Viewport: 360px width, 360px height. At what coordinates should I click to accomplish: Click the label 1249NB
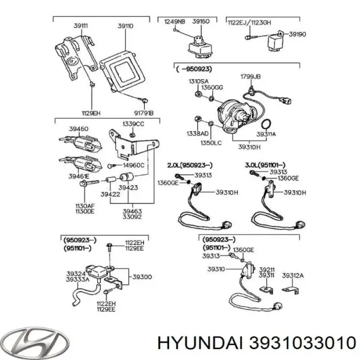point(173,22)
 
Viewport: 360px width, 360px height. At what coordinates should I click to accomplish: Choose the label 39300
point(142,277)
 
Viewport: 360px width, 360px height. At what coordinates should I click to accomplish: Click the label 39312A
point(293,275)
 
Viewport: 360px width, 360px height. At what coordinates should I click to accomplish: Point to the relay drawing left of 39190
point(271,40)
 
